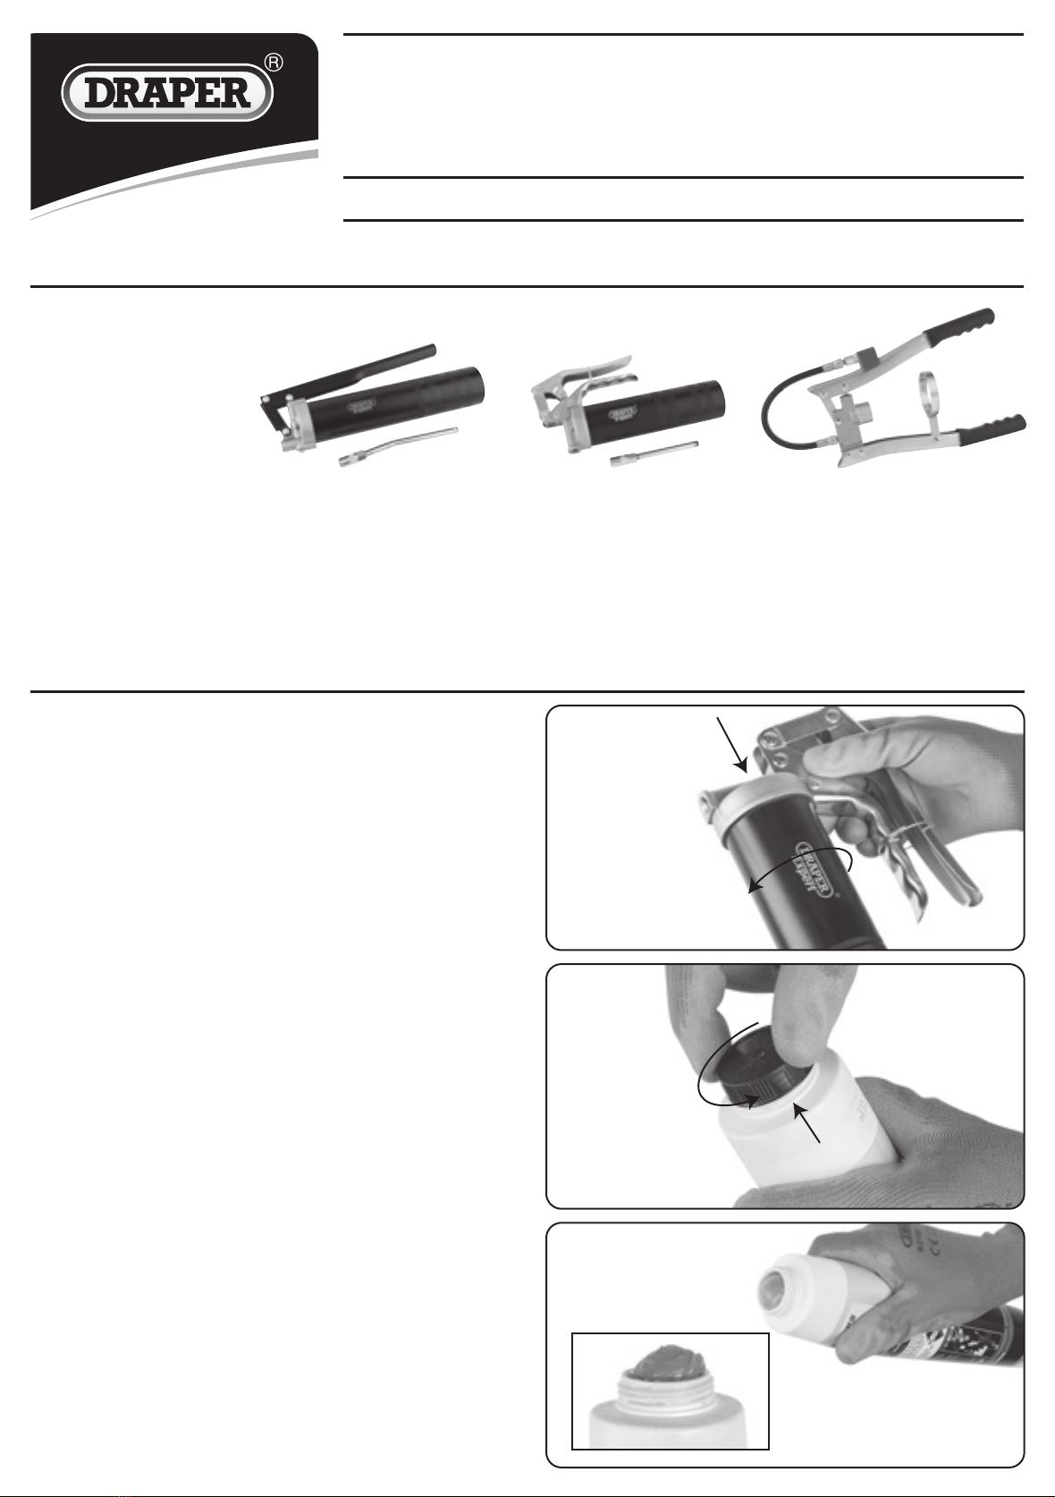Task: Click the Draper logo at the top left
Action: pyautogui.click(x=167, y=93)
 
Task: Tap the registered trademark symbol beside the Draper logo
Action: pyautogui.click(x=274, y=63)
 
